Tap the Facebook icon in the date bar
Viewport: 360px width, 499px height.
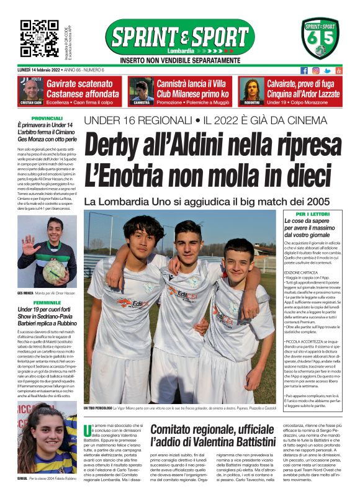point(304,70)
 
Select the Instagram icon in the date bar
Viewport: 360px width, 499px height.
point(315,70)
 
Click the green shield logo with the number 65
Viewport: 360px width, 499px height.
point(321,38)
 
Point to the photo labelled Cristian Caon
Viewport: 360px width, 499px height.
point(30,89)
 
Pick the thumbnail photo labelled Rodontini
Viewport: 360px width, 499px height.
point(252,89)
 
